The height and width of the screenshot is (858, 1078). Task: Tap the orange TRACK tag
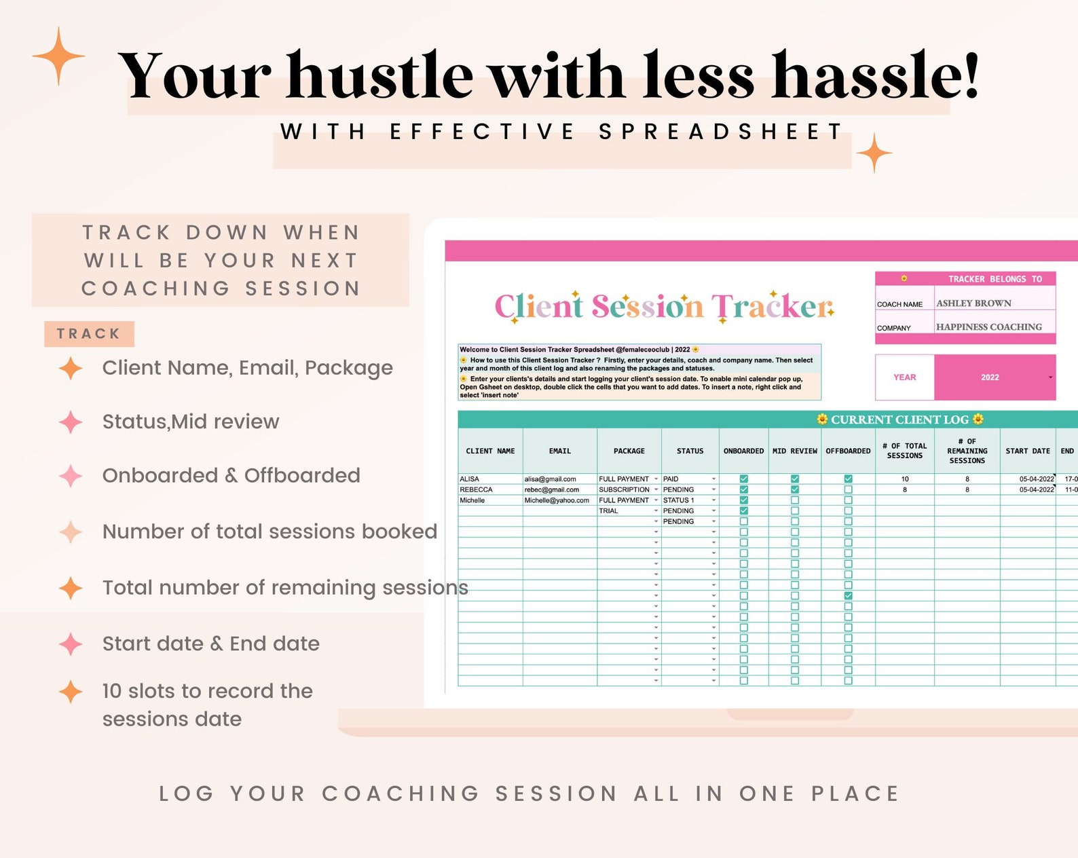89,334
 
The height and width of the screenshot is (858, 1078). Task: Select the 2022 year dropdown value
990,377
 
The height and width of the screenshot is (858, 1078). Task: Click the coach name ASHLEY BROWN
973,303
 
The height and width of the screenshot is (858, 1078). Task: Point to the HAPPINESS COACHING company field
988,327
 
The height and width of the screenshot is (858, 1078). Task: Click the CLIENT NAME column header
490,451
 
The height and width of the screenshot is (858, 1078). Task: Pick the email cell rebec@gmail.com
551,489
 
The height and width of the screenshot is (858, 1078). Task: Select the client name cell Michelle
472,500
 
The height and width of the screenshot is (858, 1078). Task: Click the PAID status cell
671,479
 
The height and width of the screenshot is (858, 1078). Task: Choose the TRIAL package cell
608,510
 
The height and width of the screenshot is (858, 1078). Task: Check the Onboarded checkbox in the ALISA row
743,479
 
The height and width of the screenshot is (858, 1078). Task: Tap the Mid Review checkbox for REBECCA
795,489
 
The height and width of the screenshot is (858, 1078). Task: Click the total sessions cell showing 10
904,479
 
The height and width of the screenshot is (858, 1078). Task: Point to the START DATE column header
1027,451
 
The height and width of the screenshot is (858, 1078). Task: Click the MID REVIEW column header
794,451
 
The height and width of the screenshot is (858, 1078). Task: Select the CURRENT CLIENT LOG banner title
899,419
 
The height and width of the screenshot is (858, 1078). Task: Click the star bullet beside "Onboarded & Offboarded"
71,476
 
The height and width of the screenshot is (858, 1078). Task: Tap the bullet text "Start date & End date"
210,643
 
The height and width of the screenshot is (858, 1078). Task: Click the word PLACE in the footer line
855,794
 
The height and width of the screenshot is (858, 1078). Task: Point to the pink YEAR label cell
904,377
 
